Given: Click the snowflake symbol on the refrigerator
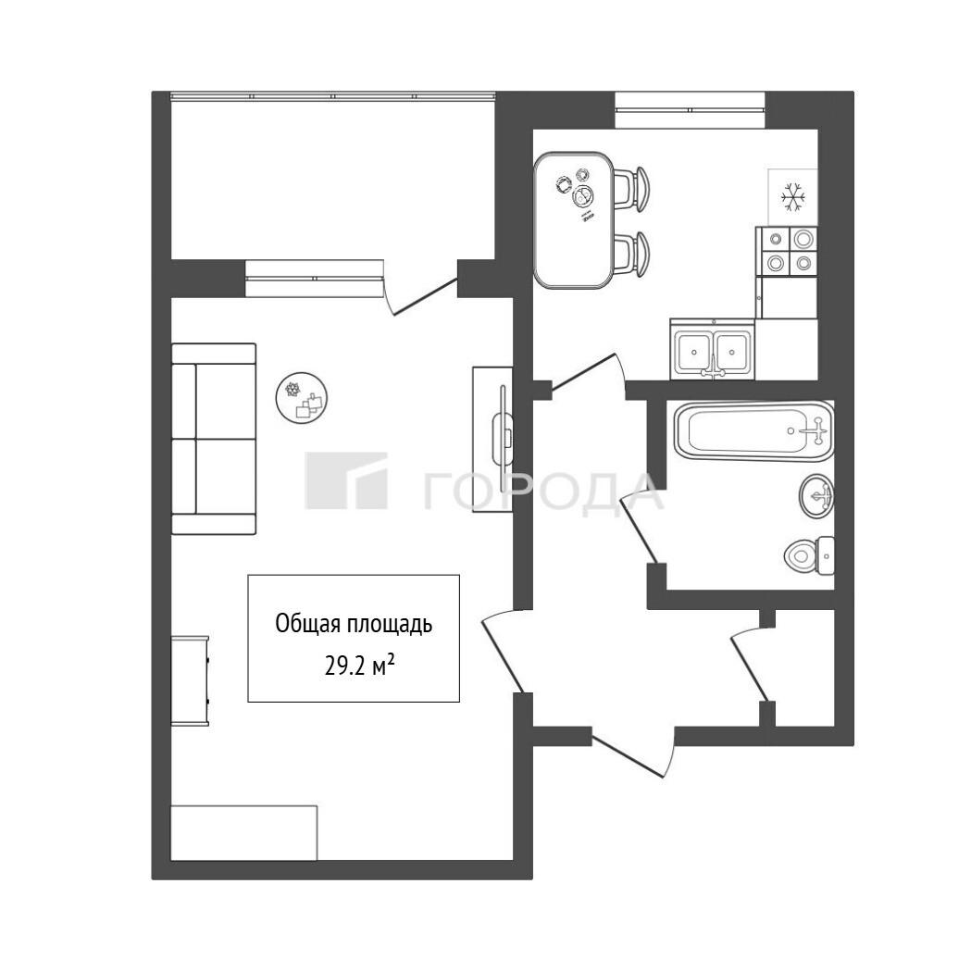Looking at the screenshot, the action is pos(792,197).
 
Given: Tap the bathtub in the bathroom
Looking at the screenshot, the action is pos(753,431).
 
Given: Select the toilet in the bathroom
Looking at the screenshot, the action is pos(809,555).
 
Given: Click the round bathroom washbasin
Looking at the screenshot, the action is pos(816,496).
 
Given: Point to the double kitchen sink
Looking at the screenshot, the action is pos(713,349).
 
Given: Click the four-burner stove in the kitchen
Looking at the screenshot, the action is pos(787,251).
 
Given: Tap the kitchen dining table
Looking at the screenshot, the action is pos(574,219).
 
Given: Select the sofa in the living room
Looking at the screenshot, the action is pos(214,439).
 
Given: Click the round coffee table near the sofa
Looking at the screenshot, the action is pos(302,398).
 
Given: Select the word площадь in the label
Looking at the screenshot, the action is pos(388,624).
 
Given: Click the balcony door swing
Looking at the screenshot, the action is pos(420,291).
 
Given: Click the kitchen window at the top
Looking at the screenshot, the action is pos(690,109).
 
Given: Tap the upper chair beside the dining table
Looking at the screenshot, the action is pos(631,189).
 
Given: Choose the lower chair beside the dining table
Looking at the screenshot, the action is pos(631,254).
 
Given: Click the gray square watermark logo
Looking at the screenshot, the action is pos(346,480).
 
